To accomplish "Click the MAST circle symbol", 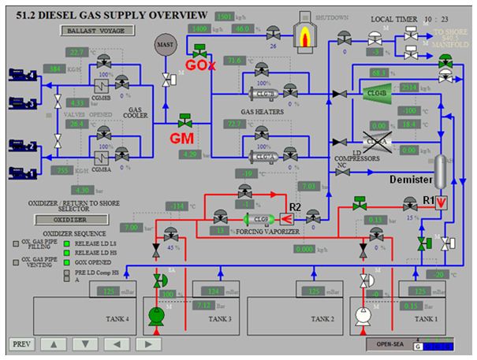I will [166, 44].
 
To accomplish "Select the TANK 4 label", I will [117, 319].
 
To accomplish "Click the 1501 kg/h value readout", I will [226, 16].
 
